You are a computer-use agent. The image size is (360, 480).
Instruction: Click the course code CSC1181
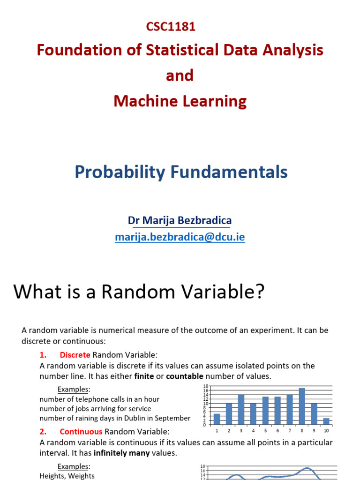[171, 27]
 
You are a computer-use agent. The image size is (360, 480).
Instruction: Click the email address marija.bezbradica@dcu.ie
[180, 237]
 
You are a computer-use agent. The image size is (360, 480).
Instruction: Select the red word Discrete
[75, 354]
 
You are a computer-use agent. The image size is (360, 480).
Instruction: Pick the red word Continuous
[81, 431]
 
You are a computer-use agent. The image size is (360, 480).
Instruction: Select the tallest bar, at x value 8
[302, 406]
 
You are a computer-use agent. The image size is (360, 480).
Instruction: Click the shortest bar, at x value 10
[326, 421]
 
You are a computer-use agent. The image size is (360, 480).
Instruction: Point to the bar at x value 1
[217, 419]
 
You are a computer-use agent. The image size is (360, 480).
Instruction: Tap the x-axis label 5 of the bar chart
[265, 430]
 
